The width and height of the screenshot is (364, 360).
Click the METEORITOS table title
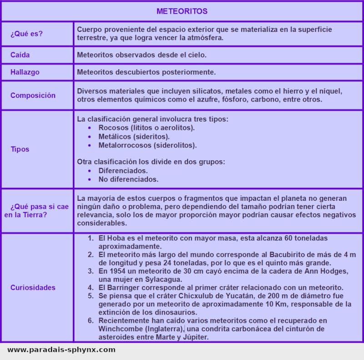click(x=182, y=11)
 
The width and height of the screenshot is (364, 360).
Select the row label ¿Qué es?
click(x=27, y=34)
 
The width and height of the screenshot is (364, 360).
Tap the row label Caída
click(x=20, y=55)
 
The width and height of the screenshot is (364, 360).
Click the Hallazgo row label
click(x=25, y=72)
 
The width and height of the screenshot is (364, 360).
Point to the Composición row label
click(x=33, y=95)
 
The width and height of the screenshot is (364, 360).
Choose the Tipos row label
click(x=20, y=149)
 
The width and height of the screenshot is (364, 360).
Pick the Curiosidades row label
click(x=33, y=287)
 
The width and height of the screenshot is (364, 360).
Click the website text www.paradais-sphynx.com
click(x=61, y=350)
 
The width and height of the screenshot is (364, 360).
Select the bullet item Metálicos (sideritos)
click(x=134, y=137)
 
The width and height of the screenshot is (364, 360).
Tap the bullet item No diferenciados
click(x=128, y=179)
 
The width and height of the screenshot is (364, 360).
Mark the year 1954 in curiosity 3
click(x=117, y=271)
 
